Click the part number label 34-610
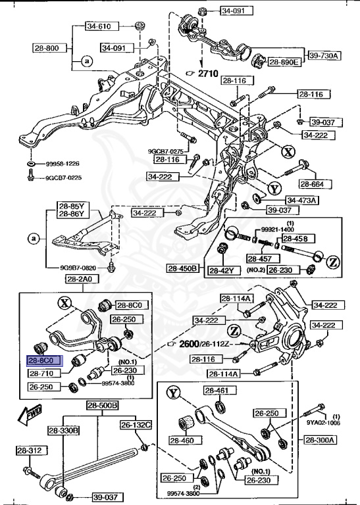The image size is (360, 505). click(x=101, y=27)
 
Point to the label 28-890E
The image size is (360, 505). click(x=284, y=62)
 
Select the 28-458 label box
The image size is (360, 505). click(x=295, y=239)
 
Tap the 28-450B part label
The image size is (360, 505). click(x=184, y=268)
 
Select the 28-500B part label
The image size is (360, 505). click(x=102, y=406)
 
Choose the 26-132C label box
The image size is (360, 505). click(x=136, y=425)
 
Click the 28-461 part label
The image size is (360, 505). click(x=215, y=391)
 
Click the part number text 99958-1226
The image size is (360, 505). click(x=63, y=164)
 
